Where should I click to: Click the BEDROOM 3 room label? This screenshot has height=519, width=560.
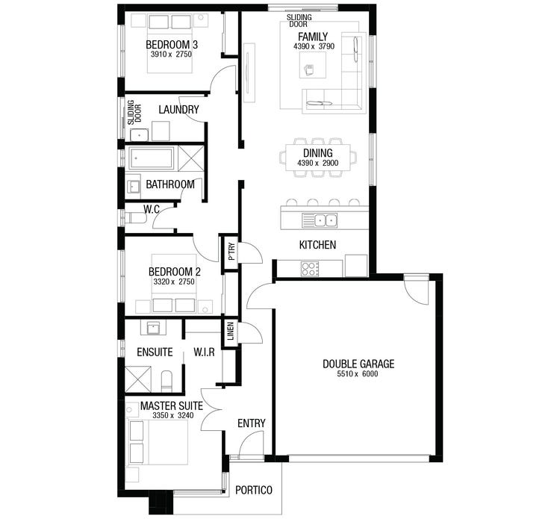pos(172,45)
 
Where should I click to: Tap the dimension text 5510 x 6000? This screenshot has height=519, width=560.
pos(358,374)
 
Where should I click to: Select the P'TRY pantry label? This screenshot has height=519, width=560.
pos(231,252)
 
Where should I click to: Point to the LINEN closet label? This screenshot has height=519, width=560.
pos(231,331)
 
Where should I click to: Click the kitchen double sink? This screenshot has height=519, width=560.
pos(320,220)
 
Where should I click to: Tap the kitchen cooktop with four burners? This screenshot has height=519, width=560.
pos(310,269)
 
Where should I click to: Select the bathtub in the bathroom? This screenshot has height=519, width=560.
pos(152,158)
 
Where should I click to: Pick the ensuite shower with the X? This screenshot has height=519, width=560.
pos(138,379)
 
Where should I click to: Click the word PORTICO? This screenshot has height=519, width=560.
pos(254,491)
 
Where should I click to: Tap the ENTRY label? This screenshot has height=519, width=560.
pos(252,423)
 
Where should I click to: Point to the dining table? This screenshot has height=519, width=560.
pos(318,158)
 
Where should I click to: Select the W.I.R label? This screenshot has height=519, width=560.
pos(205,352)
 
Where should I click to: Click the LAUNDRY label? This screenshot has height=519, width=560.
pos(178,109)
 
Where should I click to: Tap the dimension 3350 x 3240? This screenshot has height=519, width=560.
pos(173,415)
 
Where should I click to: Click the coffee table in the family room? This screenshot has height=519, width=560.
pos(313,65)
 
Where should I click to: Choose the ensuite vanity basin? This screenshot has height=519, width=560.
pos(154,328)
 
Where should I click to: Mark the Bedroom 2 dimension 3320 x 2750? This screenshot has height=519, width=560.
pos(174,282)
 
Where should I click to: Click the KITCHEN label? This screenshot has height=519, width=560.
pos(317,245)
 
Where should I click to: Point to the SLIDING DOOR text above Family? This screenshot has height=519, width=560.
pos(299,21)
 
